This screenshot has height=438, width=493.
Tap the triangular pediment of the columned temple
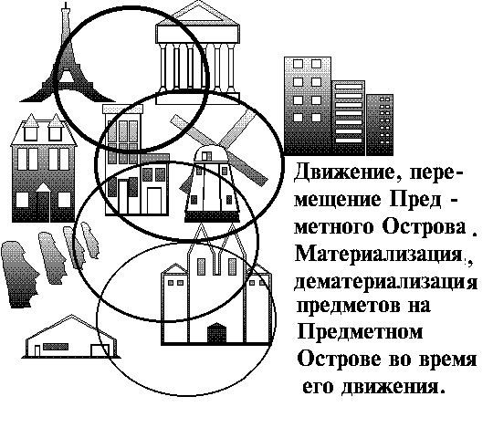(197, 14)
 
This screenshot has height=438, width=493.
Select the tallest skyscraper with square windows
(308, 106)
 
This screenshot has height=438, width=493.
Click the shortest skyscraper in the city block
(380, 125)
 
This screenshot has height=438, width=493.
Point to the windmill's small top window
(206, 156)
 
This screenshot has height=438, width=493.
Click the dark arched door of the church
(216, 333)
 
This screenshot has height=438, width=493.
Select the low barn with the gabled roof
(71, 338)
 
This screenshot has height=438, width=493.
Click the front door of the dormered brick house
(43, 203)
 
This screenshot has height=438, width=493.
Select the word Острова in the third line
(424, 226)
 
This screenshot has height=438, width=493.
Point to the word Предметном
(360, 332)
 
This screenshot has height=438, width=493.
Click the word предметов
(349, 306)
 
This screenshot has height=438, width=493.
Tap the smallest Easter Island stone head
(89, 240)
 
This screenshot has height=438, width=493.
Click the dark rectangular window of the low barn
(56, 347)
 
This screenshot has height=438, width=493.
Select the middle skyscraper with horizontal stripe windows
(349, 118)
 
